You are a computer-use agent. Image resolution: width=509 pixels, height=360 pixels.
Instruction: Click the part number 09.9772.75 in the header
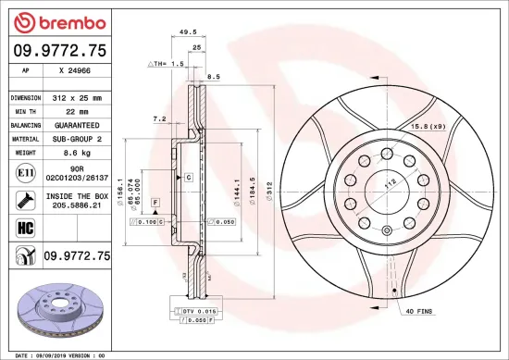(59, 51)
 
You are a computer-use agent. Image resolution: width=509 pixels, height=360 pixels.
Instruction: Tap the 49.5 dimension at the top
(188, 31)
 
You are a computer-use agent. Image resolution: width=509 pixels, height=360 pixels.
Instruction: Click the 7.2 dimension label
(158, 118)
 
